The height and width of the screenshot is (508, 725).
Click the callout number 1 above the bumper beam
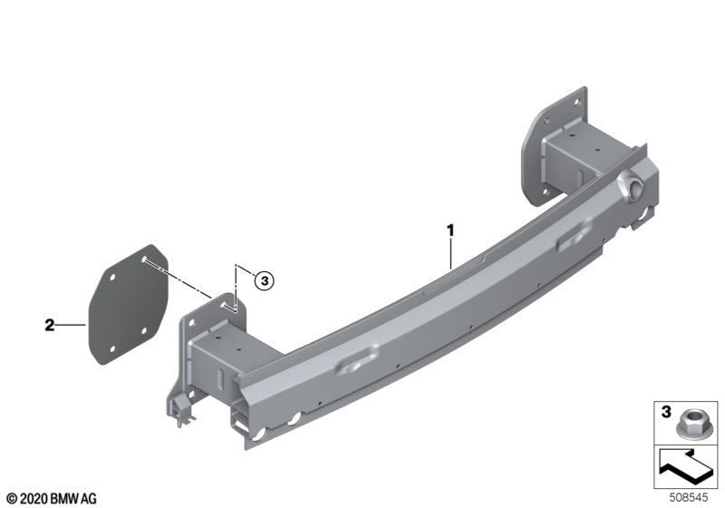pyautogui.click(x=449, y=230)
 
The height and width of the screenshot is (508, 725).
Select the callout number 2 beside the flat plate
pyautogui.click(x=50, y=326)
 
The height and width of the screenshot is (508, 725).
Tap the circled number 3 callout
pyautogui.click(x=264, y=281)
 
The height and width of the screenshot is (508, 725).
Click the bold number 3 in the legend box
pyautogui.click(x=666, y=411)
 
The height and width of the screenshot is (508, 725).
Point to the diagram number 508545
pyautogui.click(x=689, y=497)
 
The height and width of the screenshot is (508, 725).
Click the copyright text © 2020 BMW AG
pyautogui.click(x=52, y=498)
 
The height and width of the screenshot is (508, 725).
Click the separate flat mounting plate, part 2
pyautogui.click(x=128, y=305)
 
